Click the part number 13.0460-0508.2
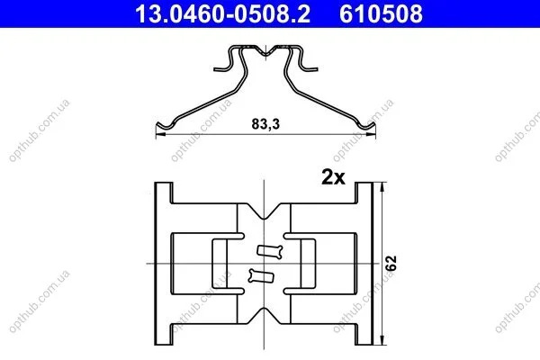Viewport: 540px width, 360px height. click(222, 13)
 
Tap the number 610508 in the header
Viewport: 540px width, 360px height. click(381, 13)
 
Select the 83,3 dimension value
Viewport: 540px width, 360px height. click(265, 124)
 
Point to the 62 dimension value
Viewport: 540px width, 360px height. click(391, 263)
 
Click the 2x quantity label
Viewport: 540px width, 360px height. click(333, 177)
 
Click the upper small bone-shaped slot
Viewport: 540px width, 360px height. click(270, 251)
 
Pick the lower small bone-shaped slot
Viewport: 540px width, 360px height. click(261, 276)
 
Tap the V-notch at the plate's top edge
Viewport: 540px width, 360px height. click(264, 211)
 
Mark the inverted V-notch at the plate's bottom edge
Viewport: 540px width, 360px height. click(264, 316)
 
